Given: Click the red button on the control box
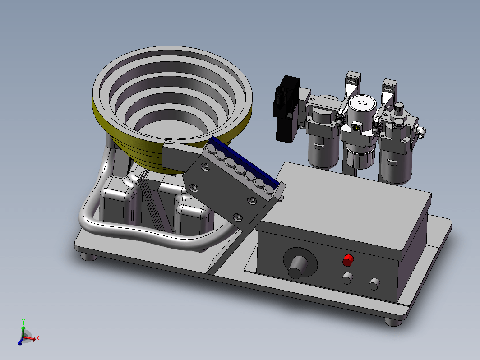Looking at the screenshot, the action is coord(348,260).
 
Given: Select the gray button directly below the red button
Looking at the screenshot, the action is coord(347,279).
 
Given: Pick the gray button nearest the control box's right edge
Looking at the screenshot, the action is coord(374,284).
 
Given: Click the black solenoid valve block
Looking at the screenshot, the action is coord(286,109).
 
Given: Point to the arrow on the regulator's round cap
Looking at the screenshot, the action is coord(362,103).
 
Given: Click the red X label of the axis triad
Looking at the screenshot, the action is coord(38,338).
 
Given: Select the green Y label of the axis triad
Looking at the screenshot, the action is coord(23,322).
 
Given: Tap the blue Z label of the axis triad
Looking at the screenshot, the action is coord(19,345).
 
